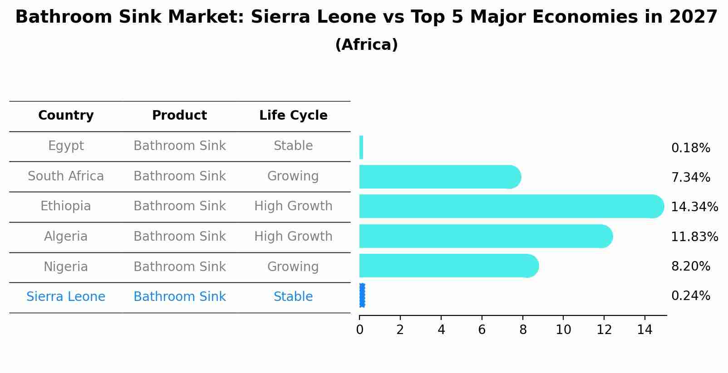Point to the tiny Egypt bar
[x=361, y=147]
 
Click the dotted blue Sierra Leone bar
[x=362, y=295]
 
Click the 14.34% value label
[x=694, y=207]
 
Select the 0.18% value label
[x=690, y=148]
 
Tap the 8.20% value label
[x=690, y=266]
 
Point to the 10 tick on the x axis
[x=563, y=329]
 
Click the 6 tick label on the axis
[x=482, y=329]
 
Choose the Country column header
[x=66, y=116]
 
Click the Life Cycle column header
[x=293, y=116]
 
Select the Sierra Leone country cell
[x=66, y=297]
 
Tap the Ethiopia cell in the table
[x=66, y=206]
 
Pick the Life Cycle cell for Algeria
[x=293, y=237]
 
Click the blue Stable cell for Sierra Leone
[x=293, y=297]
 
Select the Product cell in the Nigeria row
[x=180, y=267]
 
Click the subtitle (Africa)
[x=366, y=45]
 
